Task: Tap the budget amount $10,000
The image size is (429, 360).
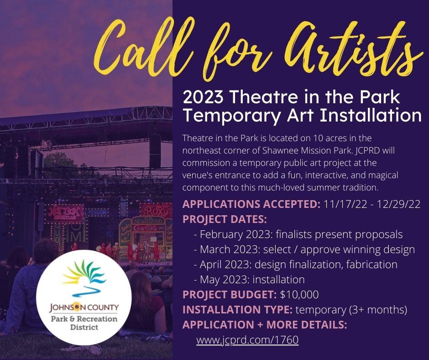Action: click(299, 294)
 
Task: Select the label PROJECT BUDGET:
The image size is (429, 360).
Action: click(230, 294)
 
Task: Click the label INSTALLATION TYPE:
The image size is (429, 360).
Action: click(237, 310)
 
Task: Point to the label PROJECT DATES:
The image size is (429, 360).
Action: click(225, 219)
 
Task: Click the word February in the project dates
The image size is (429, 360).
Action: click(222, 234)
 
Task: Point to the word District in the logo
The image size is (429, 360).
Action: click(84, 328)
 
